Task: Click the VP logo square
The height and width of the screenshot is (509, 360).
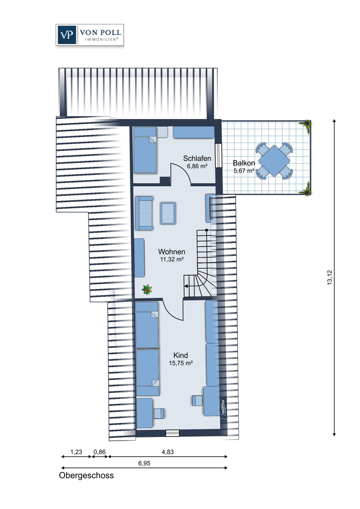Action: click(x=67, y=35)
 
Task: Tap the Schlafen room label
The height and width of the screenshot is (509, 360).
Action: click(x=197, y=158)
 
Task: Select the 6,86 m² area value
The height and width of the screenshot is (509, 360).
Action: click(x=197, y=166)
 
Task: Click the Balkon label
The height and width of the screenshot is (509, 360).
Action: click(x=244, y=163)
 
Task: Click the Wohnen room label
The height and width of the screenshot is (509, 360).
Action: click(x=172, y=251)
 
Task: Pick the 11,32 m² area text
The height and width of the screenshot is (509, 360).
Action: click(x=172, y=259)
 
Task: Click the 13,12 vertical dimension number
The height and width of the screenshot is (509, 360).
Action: click(x=329, y=277)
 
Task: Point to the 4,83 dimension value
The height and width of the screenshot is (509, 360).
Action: click(x=168, y=452)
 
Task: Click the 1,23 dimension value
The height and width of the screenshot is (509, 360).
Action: click(x=76, y=452)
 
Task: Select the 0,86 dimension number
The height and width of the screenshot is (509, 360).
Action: click(x=100, y=452)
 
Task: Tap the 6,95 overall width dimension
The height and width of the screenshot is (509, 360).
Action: click(x=144, y=463)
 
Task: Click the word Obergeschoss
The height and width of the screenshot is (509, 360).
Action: click(x=86, y=476)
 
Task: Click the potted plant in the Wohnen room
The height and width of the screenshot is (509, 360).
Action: click(x=147, y=289)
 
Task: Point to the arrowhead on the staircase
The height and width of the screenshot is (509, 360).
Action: click(x=185, y=286)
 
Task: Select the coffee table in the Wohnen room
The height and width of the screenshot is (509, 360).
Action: click(x=168, y=213)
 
